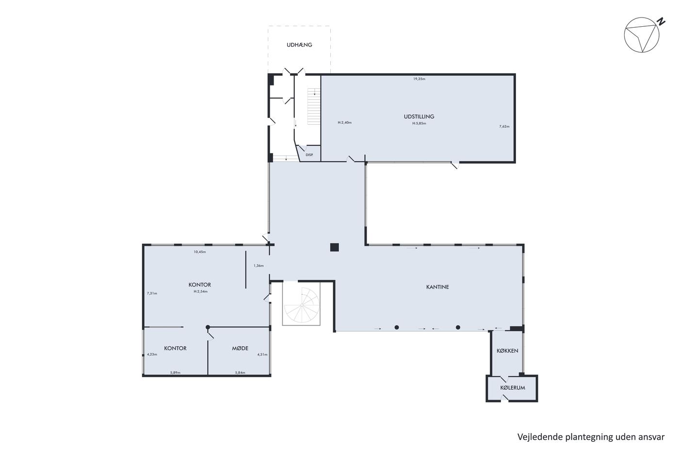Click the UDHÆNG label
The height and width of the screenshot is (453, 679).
tap(299, 45)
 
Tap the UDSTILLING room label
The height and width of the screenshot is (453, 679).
tap(419, 117)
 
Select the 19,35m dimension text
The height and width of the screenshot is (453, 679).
tap(419, 79)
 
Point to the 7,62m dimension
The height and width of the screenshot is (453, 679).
tap(504, 127)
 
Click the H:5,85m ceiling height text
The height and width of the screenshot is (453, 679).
tap(419, 123)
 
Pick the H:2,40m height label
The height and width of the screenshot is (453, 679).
tap(345, 122)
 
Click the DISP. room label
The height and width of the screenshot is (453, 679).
tap(309, 155)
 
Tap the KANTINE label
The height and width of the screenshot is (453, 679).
tap(437, 287)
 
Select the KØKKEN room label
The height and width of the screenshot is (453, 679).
tap(507, 351)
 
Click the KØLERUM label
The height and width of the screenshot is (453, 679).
tap(513, 388)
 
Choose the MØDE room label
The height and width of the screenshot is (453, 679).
tap(240, 348)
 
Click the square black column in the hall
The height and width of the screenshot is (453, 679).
tap(334, 247)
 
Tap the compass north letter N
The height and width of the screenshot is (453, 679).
tap(661, 22)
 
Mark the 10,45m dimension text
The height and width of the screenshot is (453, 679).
tap(200, 252)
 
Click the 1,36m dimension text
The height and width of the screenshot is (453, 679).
tap(259, 266)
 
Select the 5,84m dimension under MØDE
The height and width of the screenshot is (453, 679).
tap(240, 372)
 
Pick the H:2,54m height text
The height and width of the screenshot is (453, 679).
tap(201, 292)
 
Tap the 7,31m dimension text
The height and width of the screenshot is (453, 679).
tap(152, 293)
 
